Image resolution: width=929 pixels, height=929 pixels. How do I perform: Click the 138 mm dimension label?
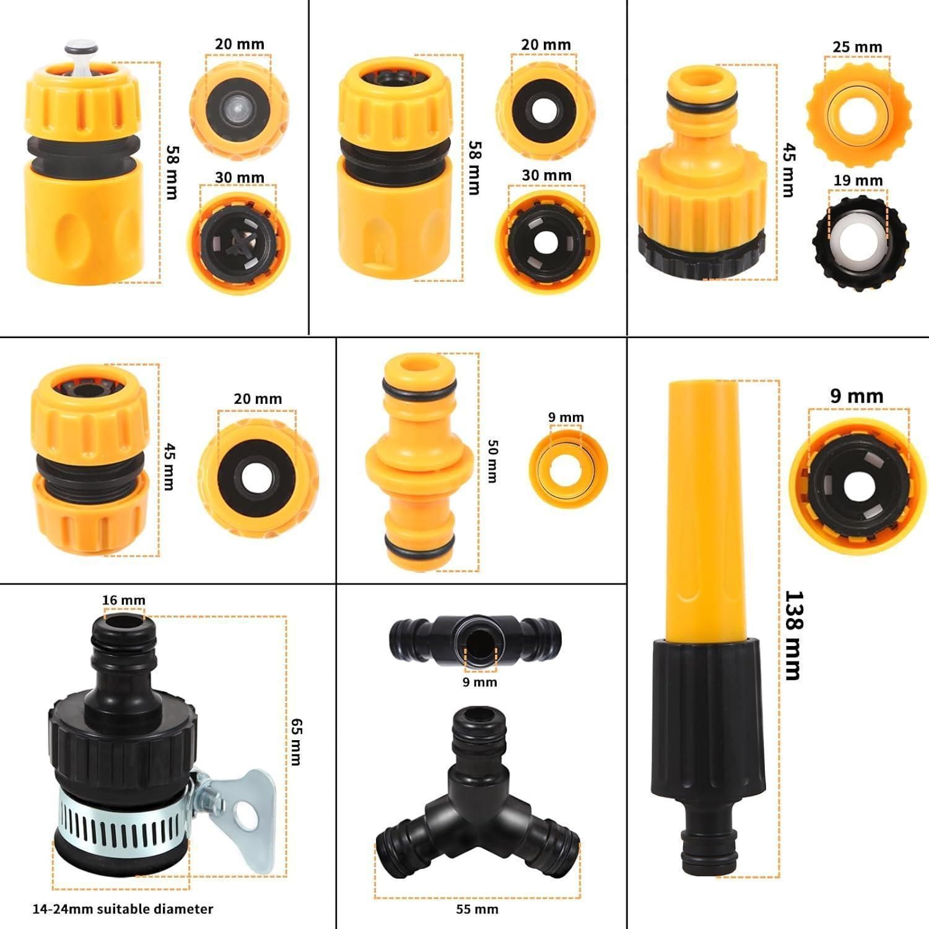[793, 635]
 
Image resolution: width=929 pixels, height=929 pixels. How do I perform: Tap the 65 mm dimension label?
[297, 741]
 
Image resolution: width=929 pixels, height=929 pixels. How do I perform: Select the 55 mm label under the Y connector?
[477, 909]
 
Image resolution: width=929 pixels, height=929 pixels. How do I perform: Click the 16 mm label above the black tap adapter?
[124, 600]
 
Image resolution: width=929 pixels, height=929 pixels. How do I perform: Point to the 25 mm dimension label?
[857, 47]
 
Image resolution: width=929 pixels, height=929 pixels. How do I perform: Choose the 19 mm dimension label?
[858, 180]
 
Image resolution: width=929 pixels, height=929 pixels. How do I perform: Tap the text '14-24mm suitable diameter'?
[123, 909]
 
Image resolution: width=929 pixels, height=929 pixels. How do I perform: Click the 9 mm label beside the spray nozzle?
[857, 396]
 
